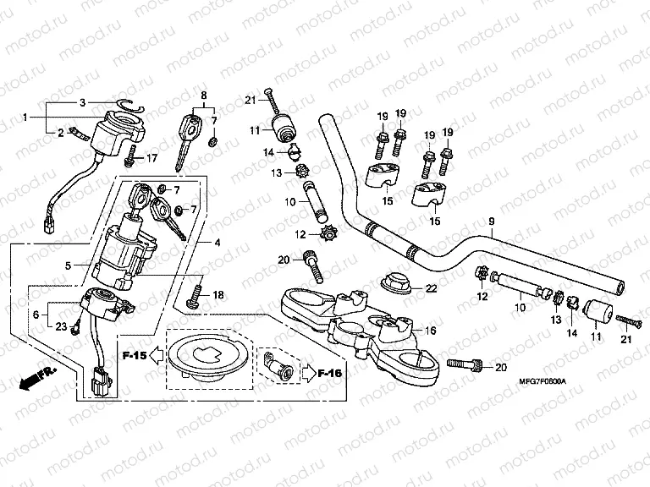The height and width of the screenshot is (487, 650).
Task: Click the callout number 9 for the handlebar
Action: [491, 222]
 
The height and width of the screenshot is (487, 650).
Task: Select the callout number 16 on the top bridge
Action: [430, 331]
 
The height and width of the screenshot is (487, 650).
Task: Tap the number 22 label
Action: [431, 288]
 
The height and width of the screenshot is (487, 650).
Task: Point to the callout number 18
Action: [218, 295]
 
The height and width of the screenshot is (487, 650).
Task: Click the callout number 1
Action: [26, 117]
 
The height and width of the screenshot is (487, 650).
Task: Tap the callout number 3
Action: [82, 102]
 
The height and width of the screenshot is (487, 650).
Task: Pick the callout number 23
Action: [62, 326]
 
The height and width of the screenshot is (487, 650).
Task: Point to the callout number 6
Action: [35, 314]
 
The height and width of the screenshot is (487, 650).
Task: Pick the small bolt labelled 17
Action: [130, 157]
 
